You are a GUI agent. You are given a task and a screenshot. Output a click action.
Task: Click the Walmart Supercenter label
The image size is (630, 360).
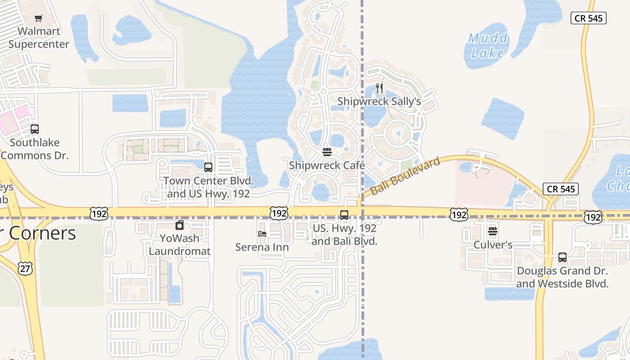point(39,38)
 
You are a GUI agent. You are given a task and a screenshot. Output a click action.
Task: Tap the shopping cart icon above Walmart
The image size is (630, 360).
point(39,18)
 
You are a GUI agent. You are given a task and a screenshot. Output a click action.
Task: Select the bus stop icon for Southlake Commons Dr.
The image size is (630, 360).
point(35,130)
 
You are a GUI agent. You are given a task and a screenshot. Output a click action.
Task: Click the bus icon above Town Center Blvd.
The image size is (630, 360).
point(208,167)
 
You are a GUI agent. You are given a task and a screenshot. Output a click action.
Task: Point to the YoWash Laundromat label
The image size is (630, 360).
point(180,244)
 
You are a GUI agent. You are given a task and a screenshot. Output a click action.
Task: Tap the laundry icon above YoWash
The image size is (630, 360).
point(180,225)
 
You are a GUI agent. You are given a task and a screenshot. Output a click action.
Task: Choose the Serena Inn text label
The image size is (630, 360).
point(262,247)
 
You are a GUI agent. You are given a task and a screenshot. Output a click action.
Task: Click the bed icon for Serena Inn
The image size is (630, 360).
point(262,234)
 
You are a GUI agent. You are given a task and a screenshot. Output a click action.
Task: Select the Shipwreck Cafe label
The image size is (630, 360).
point(327,165)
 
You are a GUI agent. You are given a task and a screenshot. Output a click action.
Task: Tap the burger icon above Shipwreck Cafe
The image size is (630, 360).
point(327,152)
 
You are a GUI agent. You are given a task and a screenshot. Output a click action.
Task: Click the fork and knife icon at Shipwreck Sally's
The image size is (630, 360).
point(379,88)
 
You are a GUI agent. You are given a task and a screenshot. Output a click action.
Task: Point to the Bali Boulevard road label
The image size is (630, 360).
point(405,176)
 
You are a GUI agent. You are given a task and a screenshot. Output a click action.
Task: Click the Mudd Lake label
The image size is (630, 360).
point(488,46)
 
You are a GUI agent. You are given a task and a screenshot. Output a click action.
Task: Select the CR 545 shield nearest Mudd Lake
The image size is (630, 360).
point(589,18)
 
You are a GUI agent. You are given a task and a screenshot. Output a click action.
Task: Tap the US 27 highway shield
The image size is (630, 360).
point(26,268)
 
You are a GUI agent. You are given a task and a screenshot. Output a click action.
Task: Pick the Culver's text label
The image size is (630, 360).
point(493,245)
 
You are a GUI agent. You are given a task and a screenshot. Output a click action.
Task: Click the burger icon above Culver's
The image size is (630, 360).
point(493,232)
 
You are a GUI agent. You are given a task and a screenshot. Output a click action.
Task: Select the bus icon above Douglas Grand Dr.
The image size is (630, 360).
point(562,257)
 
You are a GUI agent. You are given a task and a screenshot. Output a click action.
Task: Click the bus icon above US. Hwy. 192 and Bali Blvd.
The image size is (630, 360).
point(344,215)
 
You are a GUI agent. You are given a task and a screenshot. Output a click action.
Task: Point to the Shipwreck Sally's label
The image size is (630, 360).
point(379,101)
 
